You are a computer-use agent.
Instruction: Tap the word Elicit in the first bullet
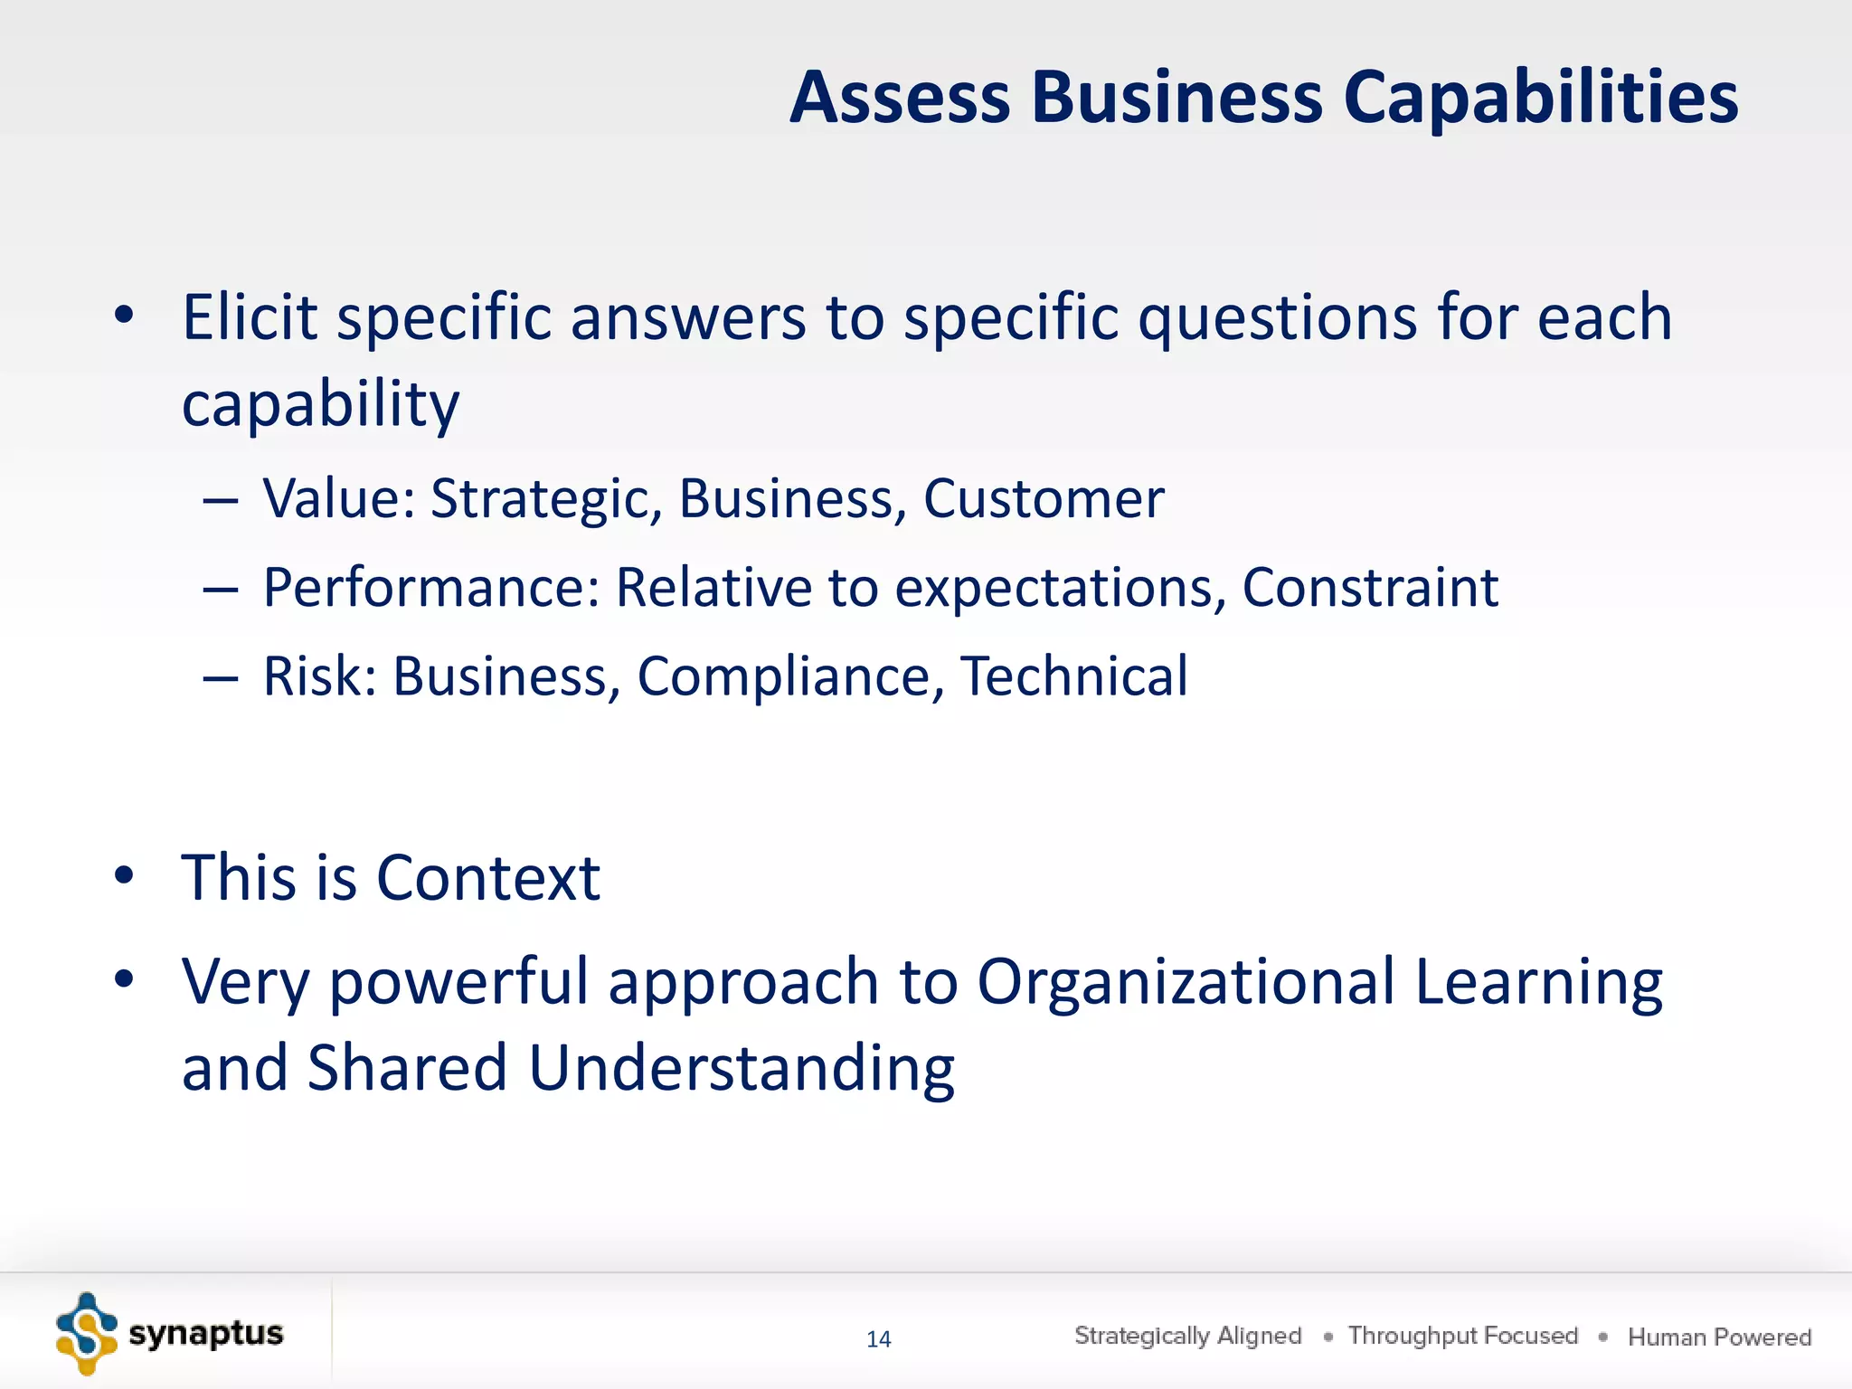(250, 317)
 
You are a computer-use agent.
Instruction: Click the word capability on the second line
(320, 405)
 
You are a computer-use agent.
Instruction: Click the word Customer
(1044, 498)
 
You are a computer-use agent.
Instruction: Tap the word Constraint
(1370, 588)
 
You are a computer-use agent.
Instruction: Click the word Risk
(312, 676)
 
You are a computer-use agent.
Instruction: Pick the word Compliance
(783, 676)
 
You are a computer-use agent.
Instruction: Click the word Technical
(1073, 676)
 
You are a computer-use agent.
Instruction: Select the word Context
(487, 878)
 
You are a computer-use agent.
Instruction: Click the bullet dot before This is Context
(124, 875)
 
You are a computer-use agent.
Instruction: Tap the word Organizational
(1186, 982)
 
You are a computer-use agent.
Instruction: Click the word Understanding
(741, 1068)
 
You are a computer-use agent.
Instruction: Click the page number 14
(878, 1339)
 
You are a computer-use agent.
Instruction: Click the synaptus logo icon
(87, 1334)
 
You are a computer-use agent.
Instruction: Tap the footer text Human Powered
(1719, 1337)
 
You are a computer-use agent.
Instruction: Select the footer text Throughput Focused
(1462, 1336)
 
